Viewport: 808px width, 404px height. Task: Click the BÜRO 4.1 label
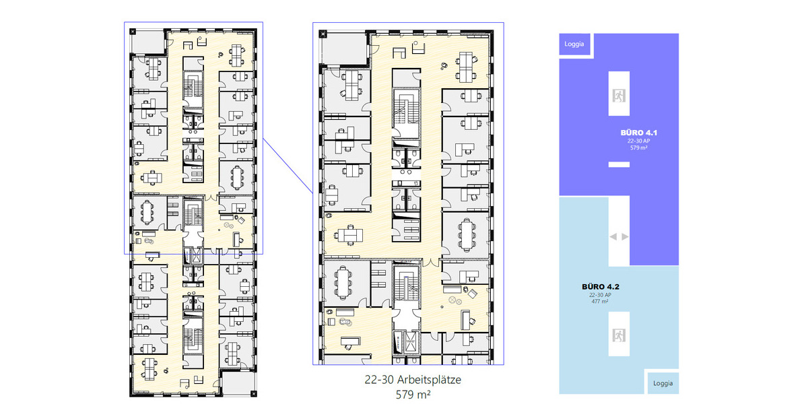pos(638,133)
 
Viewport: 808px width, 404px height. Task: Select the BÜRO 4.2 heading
pos(600,286)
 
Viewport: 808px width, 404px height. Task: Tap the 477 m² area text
pos(600,302)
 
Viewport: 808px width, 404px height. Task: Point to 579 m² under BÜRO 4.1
pos(638,147)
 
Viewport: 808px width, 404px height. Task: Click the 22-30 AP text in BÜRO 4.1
pos(638,141)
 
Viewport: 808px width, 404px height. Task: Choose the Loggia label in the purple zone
pos(574,45)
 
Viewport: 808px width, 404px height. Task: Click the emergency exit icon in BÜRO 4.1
pos(618,95)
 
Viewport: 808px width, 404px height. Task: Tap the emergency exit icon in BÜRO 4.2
pos(618,334)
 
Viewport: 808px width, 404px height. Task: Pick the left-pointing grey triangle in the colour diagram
pos(612,236)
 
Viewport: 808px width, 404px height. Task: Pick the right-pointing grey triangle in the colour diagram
pos(626,236)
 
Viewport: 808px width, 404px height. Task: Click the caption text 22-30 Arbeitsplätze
pos(413,380)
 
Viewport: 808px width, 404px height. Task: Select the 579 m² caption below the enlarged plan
pos(413,394)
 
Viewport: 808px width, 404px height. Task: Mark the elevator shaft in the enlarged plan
pos(407,342)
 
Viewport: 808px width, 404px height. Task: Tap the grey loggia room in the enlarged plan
pos(343,47)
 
